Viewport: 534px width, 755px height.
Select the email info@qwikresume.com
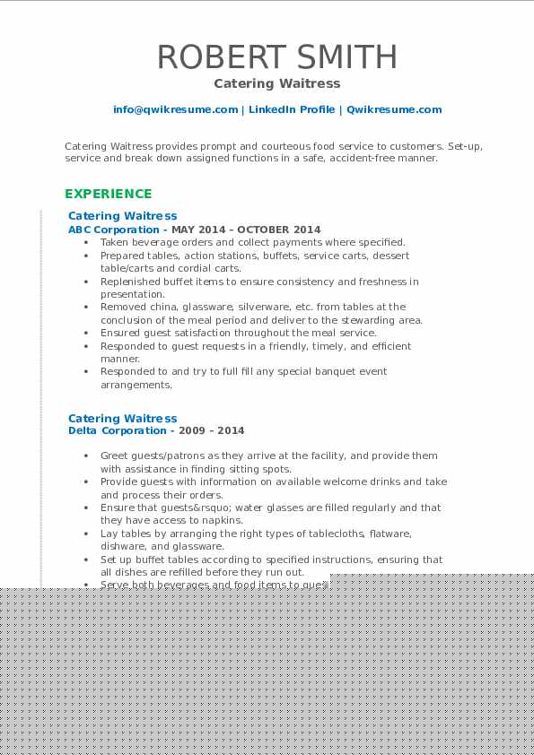(175, 109)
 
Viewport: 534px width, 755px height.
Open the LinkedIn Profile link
(292, 109)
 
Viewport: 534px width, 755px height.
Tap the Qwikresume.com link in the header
(394, 109)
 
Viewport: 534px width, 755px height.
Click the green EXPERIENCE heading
(109, 194)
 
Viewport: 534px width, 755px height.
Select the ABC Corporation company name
(101, 230)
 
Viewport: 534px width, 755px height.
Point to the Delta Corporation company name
(104, 430)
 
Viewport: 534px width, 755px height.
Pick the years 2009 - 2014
(217, 430)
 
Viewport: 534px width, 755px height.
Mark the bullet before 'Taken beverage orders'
(86, 242)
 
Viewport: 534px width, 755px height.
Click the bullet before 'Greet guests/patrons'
(86, 456)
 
